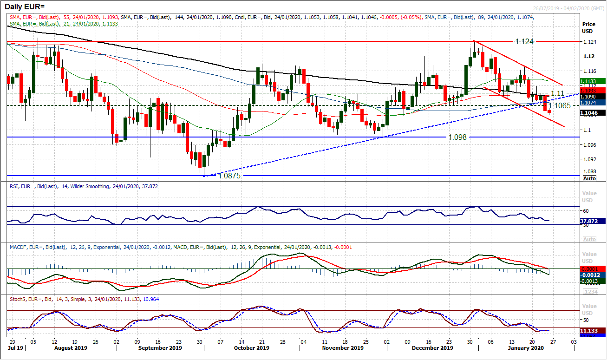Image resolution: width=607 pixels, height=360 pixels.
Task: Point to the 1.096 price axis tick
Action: coord(589,145)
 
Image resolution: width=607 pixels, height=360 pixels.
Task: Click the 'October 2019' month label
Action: coord(250,347)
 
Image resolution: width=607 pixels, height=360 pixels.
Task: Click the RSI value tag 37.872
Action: coord(593,222)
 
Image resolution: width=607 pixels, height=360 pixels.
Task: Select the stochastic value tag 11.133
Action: coord(593,330)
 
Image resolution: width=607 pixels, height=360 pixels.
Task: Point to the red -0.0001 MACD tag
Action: coord(593,269)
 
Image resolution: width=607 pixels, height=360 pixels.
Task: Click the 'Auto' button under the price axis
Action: coord(589,178)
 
